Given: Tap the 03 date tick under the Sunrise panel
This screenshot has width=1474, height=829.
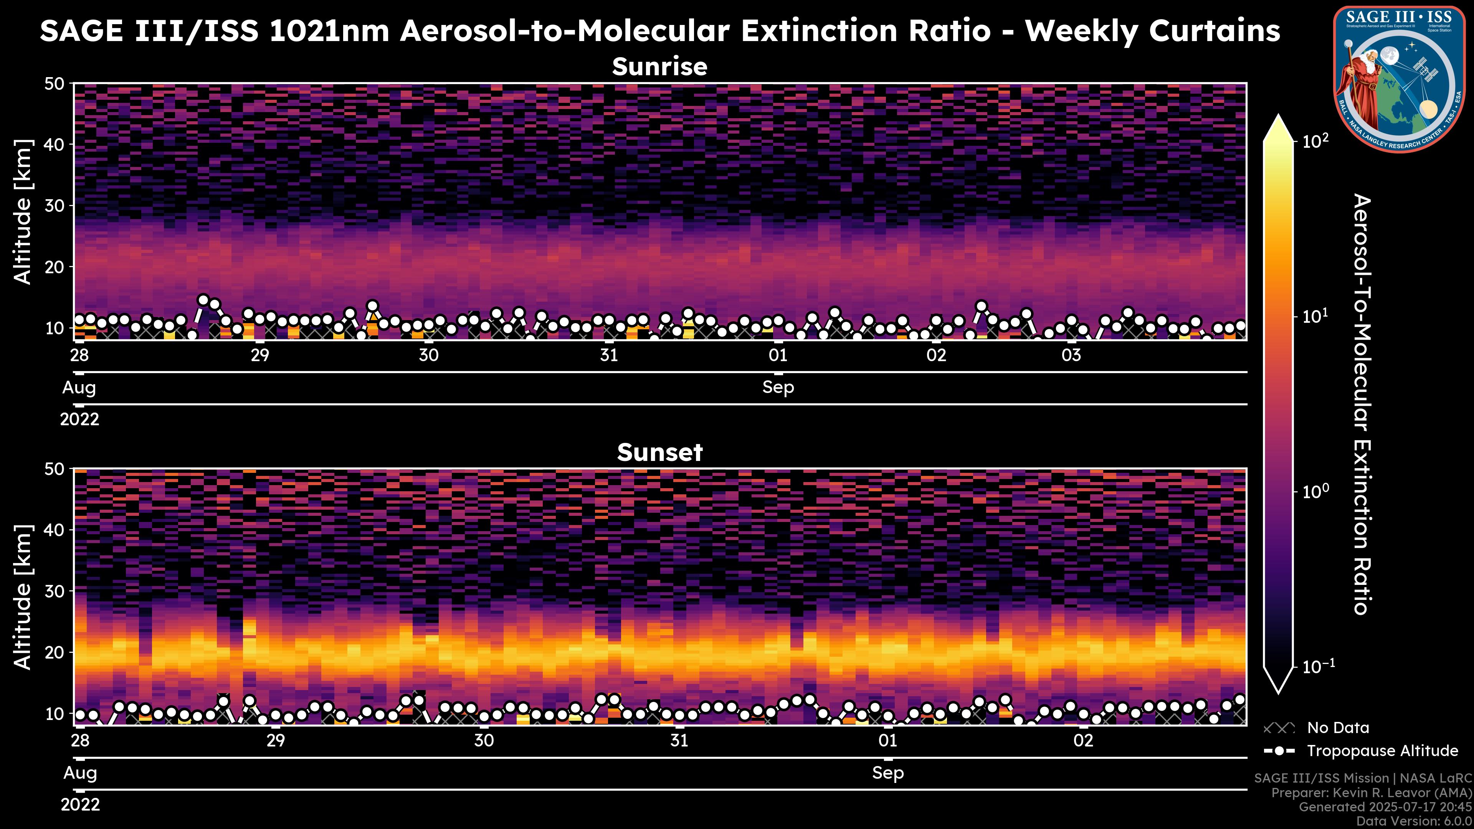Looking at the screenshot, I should point(1071,355).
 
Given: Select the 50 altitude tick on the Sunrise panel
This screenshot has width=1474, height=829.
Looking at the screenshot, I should point(56,84).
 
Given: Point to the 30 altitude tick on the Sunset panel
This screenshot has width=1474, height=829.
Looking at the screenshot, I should point(56,591).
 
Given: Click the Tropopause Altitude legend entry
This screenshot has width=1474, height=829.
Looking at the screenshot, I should point(1382,751).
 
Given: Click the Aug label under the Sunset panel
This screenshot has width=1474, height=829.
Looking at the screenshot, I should point(80,773).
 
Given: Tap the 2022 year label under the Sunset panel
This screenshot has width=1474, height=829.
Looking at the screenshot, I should point(80,805).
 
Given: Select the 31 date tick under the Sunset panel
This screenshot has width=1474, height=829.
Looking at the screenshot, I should point(679,741).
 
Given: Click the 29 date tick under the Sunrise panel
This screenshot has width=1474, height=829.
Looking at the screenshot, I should point(260,355).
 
